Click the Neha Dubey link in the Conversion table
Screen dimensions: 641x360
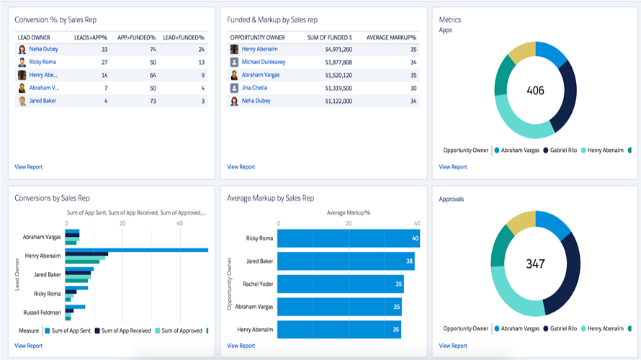pos(43,49)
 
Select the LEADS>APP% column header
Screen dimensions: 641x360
pos(91,37)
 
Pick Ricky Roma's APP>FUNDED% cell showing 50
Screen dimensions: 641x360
pos(153,62)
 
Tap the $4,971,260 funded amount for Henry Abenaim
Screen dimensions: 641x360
pos(339,50)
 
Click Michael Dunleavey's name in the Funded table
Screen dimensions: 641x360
pos(264,62)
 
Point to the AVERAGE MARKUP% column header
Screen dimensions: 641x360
pos(391,37)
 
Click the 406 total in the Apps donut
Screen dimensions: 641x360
pos(536,90)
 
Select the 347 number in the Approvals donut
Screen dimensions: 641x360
pos(536,264)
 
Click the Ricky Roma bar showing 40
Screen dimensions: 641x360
pos(349,238)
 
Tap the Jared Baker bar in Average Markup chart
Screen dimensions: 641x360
pos(346,261)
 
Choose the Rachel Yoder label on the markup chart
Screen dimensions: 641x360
pos(258,284)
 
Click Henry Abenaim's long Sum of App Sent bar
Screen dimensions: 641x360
pos(137,250)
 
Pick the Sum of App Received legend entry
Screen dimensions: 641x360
pos(123,330)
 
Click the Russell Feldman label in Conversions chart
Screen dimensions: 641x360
pos(42,312)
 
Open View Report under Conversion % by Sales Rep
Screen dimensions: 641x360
pos(29,167)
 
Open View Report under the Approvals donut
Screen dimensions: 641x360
pos(453,346)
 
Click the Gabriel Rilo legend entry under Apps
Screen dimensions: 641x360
pos(560,150)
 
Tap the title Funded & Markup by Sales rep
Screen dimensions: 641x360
pos(272,19)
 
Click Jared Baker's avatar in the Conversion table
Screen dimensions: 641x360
pos(22,101)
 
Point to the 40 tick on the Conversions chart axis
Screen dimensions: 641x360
pos(180,223)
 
